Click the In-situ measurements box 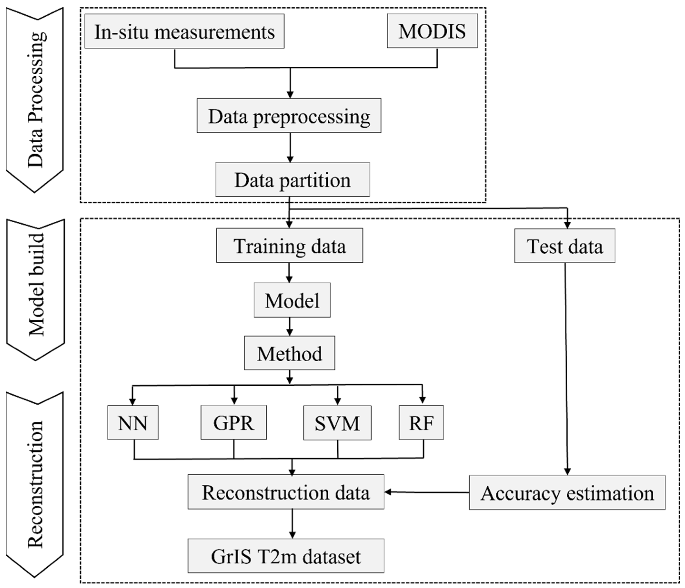[184, 31]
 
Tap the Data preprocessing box [289, 116]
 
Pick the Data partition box [292, 179]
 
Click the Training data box [289, 246]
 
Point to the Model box [292, 300]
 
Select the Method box [289, 353]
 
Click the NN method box [133, 422]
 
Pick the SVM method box [337, 423]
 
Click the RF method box [421, 422]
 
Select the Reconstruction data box [286, 492]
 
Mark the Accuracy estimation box [567, 493]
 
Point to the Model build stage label [36, 284]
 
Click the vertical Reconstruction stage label [35, 484]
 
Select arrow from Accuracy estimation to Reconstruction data [426, 492]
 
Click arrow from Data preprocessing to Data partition [290, 147]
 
